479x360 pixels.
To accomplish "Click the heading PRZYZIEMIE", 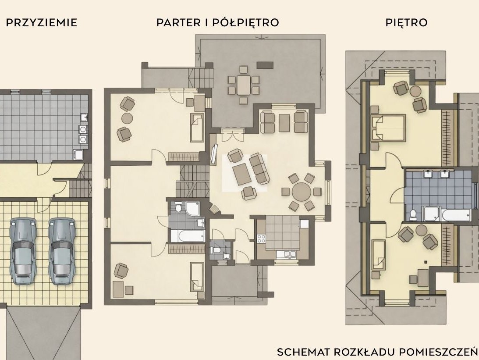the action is point(42,23).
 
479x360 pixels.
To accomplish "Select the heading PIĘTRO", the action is point(406,23).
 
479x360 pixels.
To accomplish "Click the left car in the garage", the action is point(22,251).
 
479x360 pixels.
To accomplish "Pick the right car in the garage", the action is point(62,251).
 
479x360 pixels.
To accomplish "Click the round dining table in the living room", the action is point(301,192).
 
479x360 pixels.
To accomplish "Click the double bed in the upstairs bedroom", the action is point(388,128).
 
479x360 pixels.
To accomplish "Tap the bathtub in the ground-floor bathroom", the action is point(188,236).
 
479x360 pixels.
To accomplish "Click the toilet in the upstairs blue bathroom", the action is point(413,214).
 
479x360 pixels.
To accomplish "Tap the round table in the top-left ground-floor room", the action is point(127,118).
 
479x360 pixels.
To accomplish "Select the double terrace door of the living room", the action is point(232,134).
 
